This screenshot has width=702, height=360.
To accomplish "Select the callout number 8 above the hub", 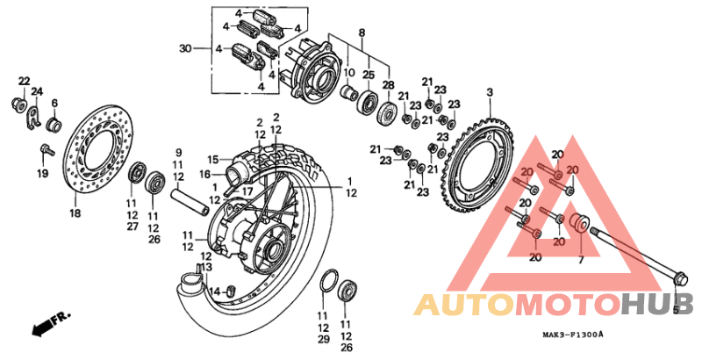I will pyautogui.click(x=361, y=32).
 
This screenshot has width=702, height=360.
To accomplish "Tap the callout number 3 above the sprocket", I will pyautogui.click(x=490, y=92).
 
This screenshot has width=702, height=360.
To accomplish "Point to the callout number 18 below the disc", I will pyautogui.click(x=75, y=213).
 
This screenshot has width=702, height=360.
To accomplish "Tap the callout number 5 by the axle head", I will pyautogui.click(x=676, y=309).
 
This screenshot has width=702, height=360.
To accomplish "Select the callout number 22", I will pyautogui.click(x=24, y=81).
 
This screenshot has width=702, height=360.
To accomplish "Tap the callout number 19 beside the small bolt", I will pyautogui.click(x=42, y=173).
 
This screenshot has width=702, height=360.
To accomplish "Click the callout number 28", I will pyautogui.click(x=388, y=84).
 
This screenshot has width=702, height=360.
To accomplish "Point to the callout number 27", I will pyautogui.click(x=132, y=227).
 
